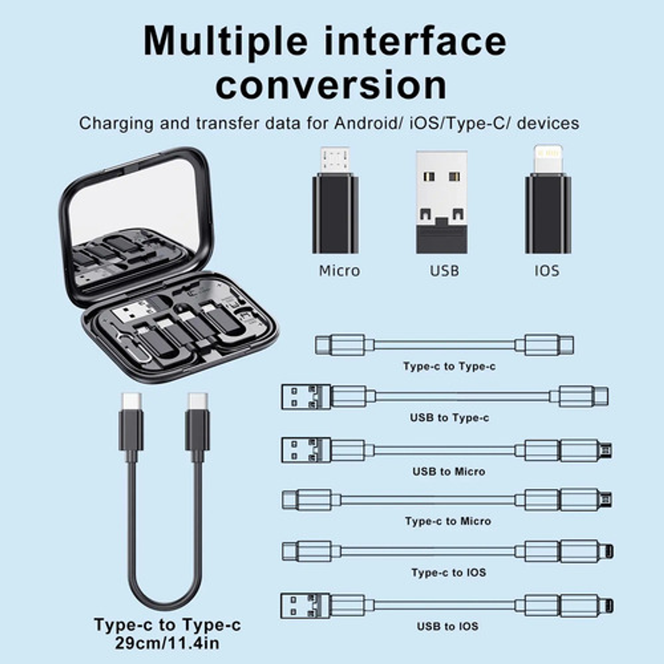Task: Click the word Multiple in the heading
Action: (x=225, y=41)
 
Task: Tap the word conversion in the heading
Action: (x=331, y=85)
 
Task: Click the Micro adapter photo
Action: (x=335, y=203)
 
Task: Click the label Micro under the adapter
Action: (x=339, y=271)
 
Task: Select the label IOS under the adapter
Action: (x=547, y=271)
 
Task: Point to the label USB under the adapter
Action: (x=444, y=271)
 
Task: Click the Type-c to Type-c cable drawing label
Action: (x=449, y=366)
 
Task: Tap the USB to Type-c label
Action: (x=449, y=418)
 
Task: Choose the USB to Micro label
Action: (x=449, y=471)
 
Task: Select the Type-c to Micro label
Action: (x=448, y=521)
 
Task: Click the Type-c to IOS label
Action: (x=449, y=572)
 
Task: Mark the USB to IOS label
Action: (x=447, y=626)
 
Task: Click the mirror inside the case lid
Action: (x=134, y=207)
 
